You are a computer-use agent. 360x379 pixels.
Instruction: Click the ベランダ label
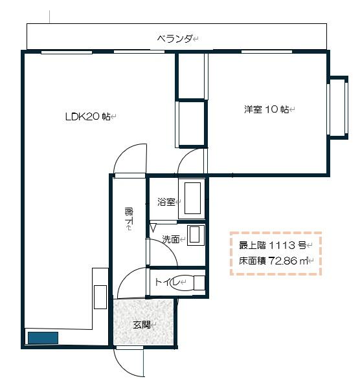click(175, 38)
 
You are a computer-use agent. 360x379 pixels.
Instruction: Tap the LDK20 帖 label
click(88, 116)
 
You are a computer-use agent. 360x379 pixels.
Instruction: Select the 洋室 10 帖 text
click(266, 109)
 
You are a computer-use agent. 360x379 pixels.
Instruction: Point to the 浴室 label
click(166, 202)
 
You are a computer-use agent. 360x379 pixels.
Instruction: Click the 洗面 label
click(170, 239)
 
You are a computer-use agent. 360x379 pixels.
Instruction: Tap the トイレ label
click(168, 282)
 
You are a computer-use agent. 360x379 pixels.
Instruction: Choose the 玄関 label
click(142, 325)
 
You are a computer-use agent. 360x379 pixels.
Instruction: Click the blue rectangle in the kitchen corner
click(43, 338)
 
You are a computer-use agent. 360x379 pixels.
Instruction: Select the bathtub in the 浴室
click(192, 198)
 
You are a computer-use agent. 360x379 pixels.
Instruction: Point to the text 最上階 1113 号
click(273, 245)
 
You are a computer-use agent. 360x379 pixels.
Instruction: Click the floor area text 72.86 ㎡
click(288, 261)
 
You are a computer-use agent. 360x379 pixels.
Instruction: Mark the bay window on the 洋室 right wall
click(338, 107)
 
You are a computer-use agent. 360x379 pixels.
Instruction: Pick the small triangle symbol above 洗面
click(153, 228)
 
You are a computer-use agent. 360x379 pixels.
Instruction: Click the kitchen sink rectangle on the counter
click(100, 297)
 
